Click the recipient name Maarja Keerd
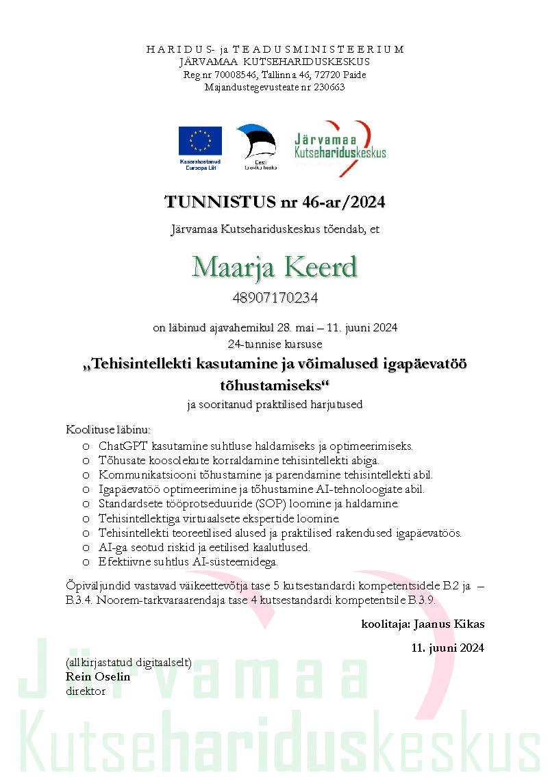pos(275,266)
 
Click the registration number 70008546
pos(234,75)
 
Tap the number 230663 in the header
pos(328,87)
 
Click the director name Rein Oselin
pos(98,676)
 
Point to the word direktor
pos(86,691)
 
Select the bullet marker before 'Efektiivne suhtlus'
pos(86,561)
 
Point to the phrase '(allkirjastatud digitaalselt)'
pos(128,663)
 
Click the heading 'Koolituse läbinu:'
pos(108,430)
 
